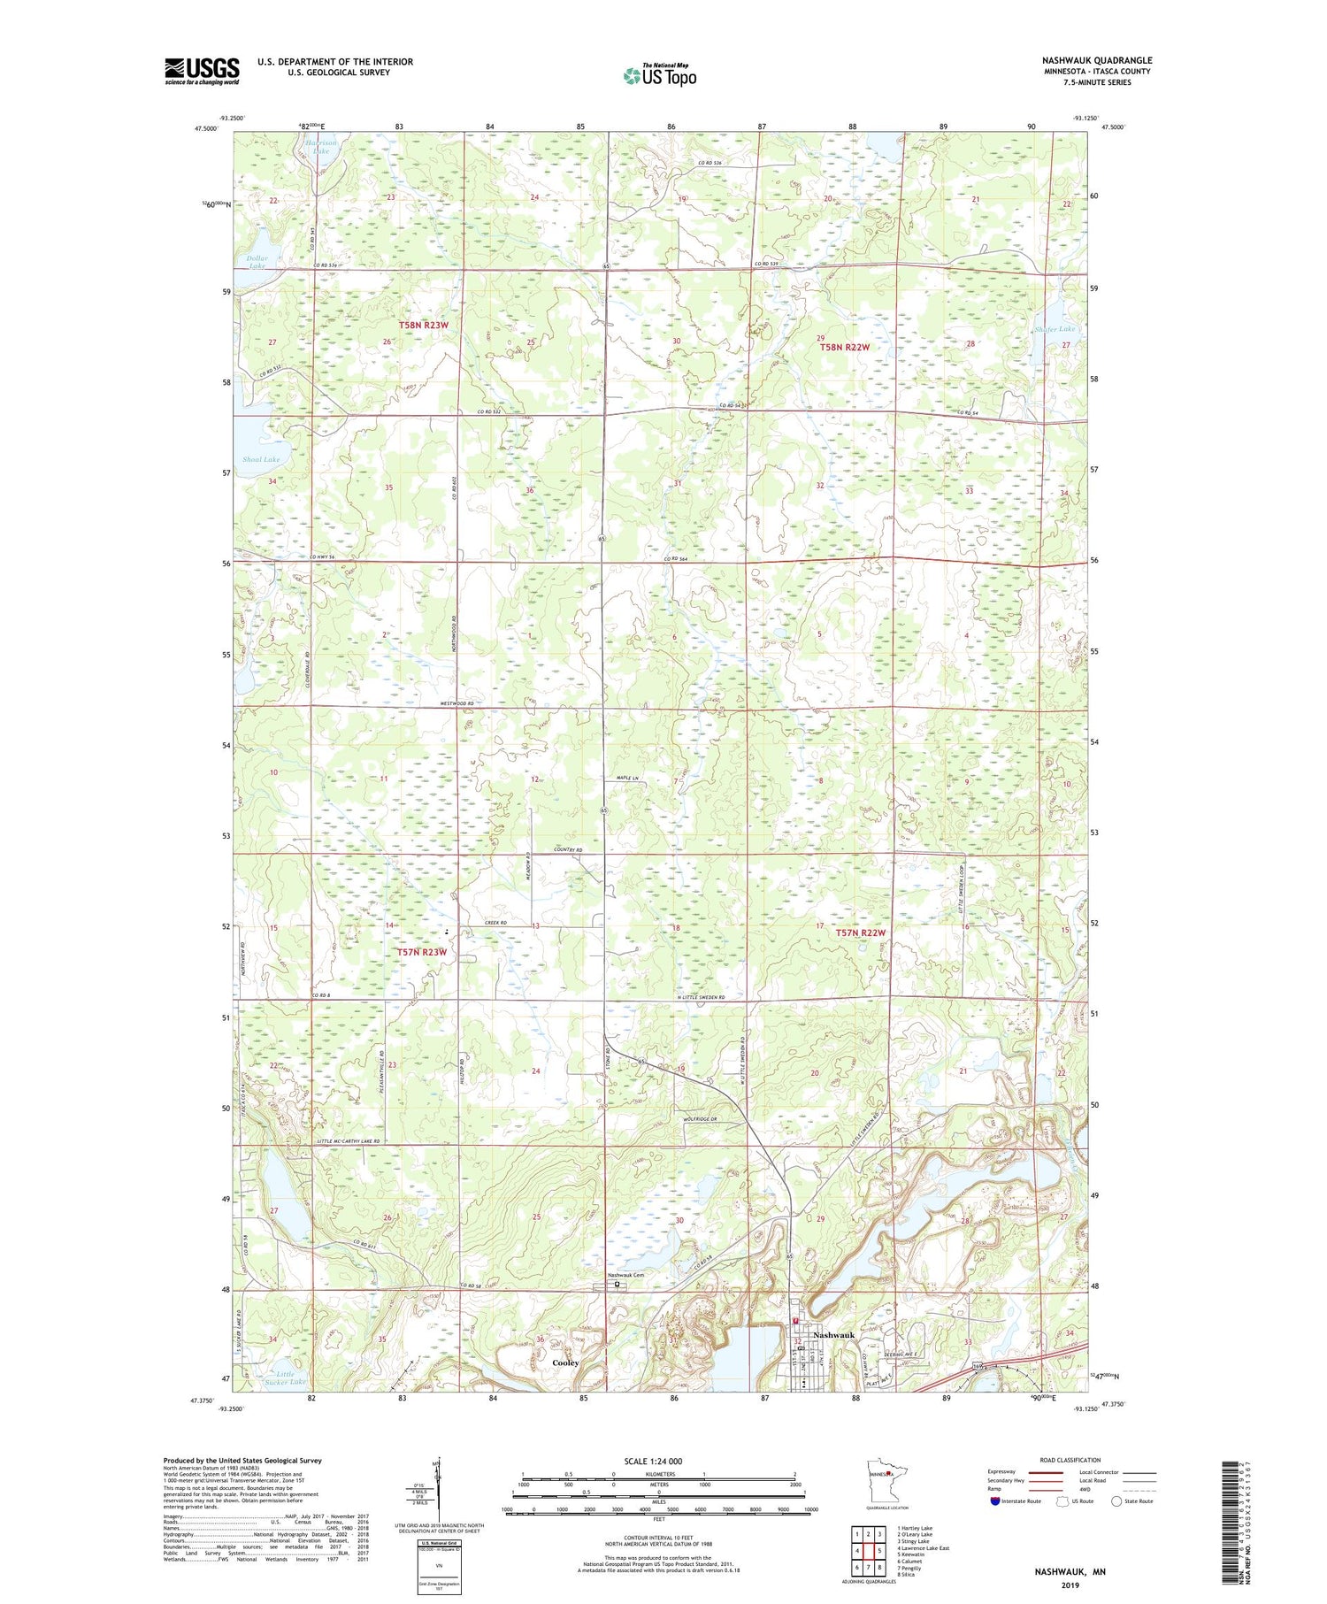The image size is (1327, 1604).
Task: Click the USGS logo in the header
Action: tap(202, 71)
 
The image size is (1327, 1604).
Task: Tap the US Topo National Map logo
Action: tap(659, 75)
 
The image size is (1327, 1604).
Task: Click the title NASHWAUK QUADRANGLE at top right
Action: tap(1096, 61)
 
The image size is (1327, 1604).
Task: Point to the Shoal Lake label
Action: tap(260, 459)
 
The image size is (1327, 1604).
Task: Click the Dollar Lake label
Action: tap(257, 262)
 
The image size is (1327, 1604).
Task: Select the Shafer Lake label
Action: tap(1054, 329)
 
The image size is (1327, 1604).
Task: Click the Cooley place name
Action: tap(565, 1362)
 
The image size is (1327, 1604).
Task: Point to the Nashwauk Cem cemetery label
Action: tap(625, 1275)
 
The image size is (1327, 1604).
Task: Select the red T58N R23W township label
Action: tap(424, 326)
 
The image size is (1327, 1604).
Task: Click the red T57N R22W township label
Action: tap(860, 932)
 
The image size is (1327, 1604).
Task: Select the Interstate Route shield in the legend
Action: tap(995, 1501)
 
